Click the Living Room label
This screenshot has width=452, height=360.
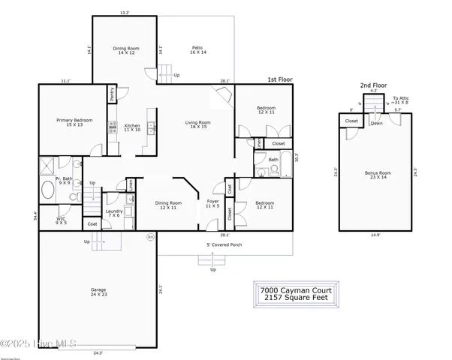coord(198,125)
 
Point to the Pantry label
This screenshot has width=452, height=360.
coord(112,95)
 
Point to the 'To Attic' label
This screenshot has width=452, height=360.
coord(402,100)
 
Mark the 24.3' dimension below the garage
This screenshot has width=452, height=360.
coord(98,352)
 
